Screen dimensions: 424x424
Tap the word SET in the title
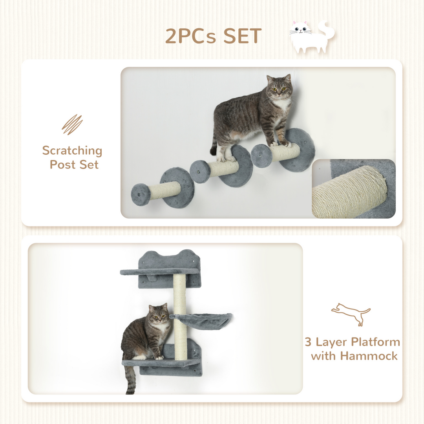tap(242, 36)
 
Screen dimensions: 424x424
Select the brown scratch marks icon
tap(72, 124)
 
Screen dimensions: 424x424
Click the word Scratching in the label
tap(72, 150)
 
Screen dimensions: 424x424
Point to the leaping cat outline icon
tap(351, 314)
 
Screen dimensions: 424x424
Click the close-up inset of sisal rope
tap(353, 188)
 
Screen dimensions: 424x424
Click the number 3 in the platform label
tap(309, 342)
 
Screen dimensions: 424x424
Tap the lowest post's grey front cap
tap(141, 195)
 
